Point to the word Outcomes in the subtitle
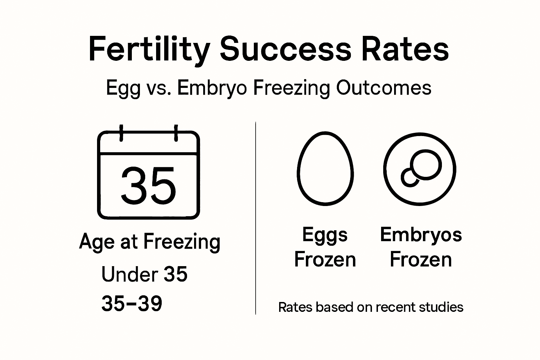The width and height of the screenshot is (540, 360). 384,88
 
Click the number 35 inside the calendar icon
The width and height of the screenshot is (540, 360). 148,186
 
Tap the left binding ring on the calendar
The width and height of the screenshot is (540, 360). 121,133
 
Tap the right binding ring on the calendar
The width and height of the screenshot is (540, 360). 176,133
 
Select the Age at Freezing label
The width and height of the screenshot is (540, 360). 150,242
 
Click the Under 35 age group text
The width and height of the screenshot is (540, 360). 144,274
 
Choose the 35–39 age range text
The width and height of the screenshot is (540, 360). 132,303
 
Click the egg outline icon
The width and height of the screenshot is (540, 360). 325,169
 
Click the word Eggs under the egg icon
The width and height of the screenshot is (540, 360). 325,235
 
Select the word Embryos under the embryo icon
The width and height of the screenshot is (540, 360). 421,234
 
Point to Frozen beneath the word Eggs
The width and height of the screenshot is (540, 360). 325,260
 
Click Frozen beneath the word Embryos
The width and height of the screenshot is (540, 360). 421,260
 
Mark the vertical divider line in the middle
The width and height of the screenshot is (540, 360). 256,218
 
